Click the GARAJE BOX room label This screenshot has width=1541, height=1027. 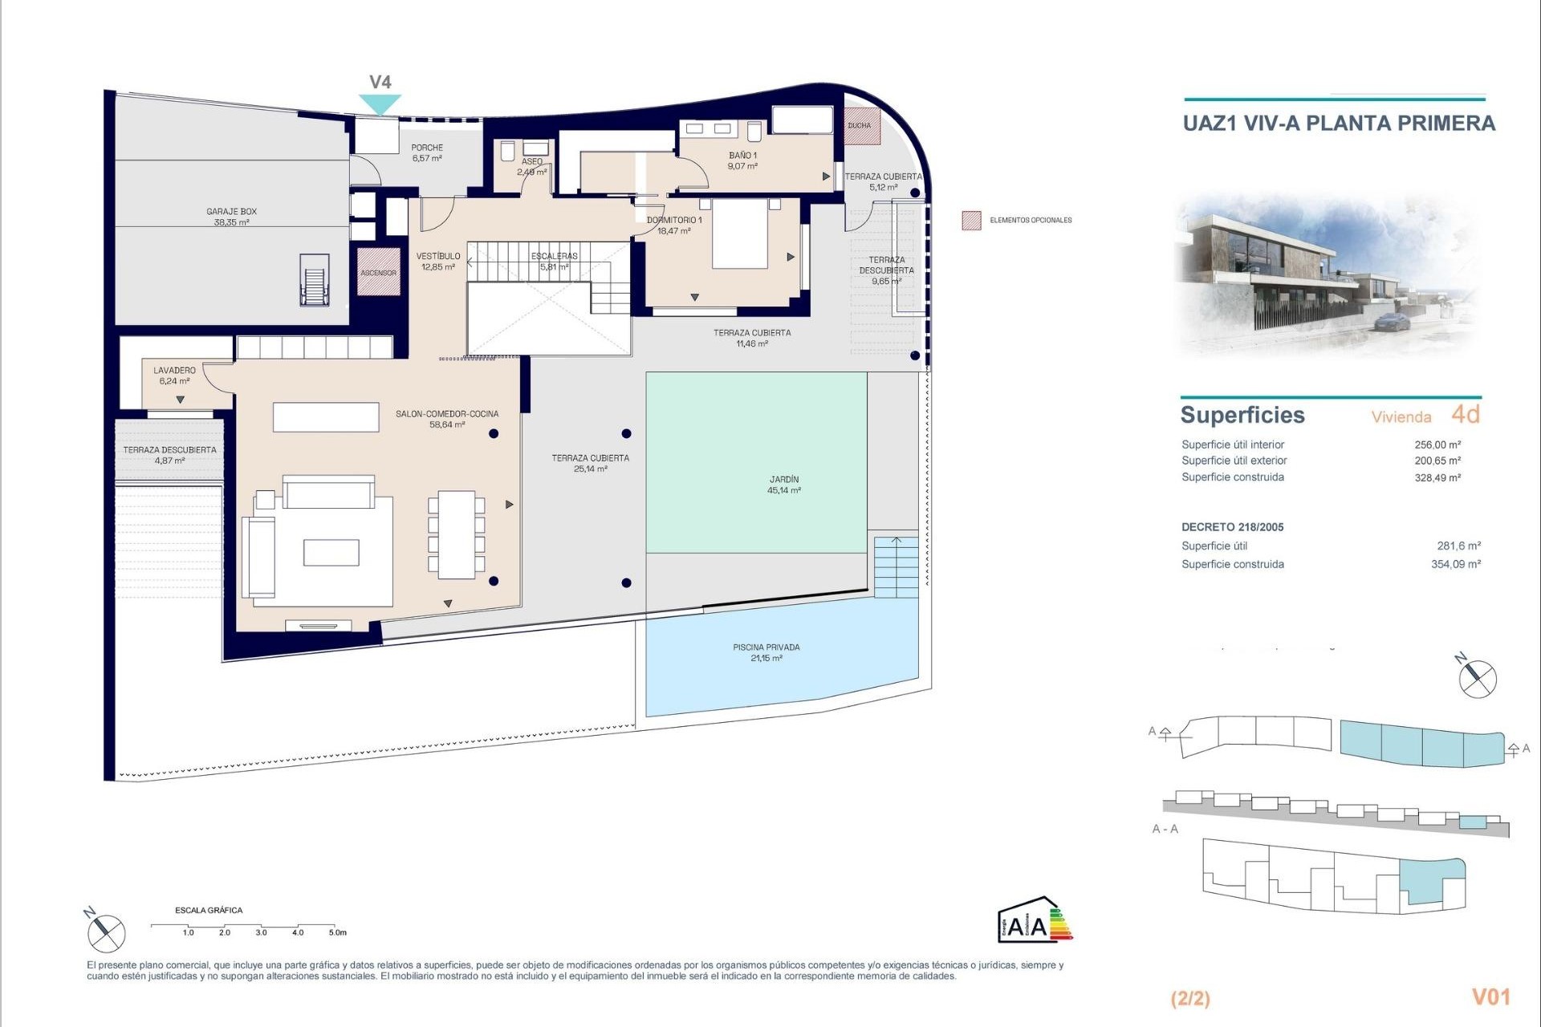[x=231, y=217]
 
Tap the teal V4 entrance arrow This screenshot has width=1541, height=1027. [x=380, y=104]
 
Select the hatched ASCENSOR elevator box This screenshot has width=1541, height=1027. [x=378, y=272]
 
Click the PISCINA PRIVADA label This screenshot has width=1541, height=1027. [x=766, y=652]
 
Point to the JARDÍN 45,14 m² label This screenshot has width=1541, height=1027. [x=783, y=485]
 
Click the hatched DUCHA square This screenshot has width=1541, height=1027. [x=861, y=126]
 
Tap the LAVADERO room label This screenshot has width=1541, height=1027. [x=174, y=375]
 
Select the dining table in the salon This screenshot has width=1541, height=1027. [x=456, y=534]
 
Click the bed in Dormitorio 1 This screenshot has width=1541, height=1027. [x=740, y=234]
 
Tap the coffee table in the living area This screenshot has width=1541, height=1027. [x=331, y=553]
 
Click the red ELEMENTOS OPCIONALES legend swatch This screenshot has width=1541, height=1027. [x=971, y=221]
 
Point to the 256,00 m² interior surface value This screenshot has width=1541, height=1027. [x=1437, y=444]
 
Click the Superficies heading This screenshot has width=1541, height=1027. [x=1242, y=415]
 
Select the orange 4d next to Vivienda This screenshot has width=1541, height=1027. [x=1465, y=414]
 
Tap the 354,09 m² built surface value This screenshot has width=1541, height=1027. [x=1455, y=564]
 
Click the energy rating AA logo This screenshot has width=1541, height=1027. [x=1034, y=919]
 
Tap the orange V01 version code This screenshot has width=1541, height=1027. [x=1490, y=997]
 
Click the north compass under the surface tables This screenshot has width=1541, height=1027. [x=1478, y=679]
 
